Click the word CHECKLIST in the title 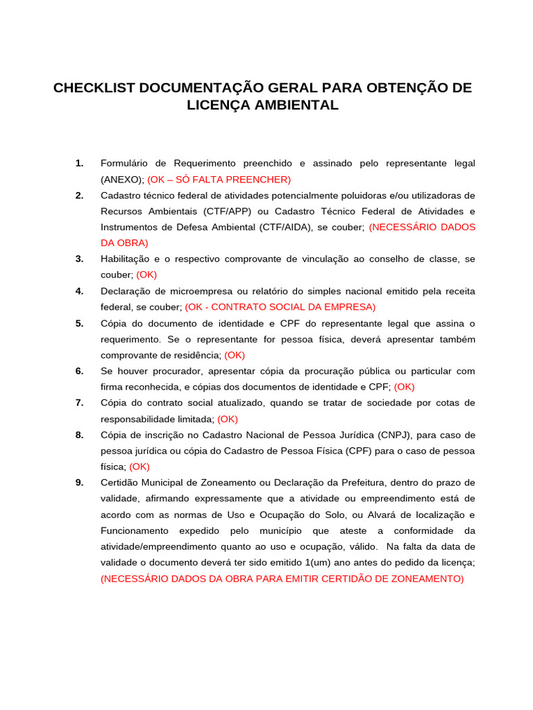[x=94, y=88]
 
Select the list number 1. [x=80, y=164]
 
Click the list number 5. [x=80, y=323]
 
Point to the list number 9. [x=80, y=483]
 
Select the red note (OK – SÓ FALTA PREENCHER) [x=219, y=180]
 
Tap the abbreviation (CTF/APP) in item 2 [x=230, y=211]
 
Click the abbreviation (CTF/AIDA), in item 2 [x=288, y=227]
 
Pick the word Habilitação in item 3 [x=127, y=259]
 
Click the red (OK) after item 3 [x=146, y=275]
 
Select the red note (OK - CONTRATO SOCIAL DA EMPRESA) [x=280, y=307]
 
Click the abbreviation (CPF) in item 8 [x=357, y=451]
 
